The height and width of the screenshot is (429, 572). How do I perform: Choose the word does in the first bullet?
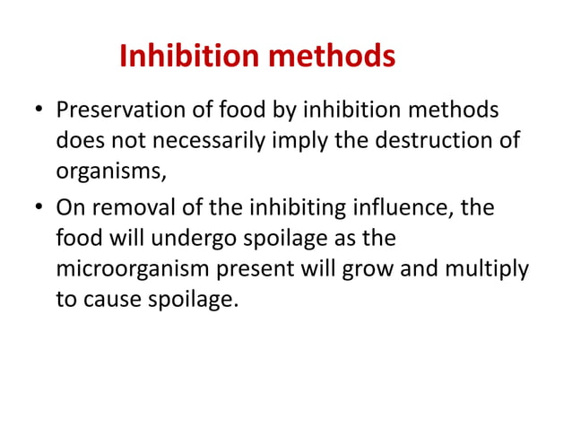pyautogui.click(x=76, y=144)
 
